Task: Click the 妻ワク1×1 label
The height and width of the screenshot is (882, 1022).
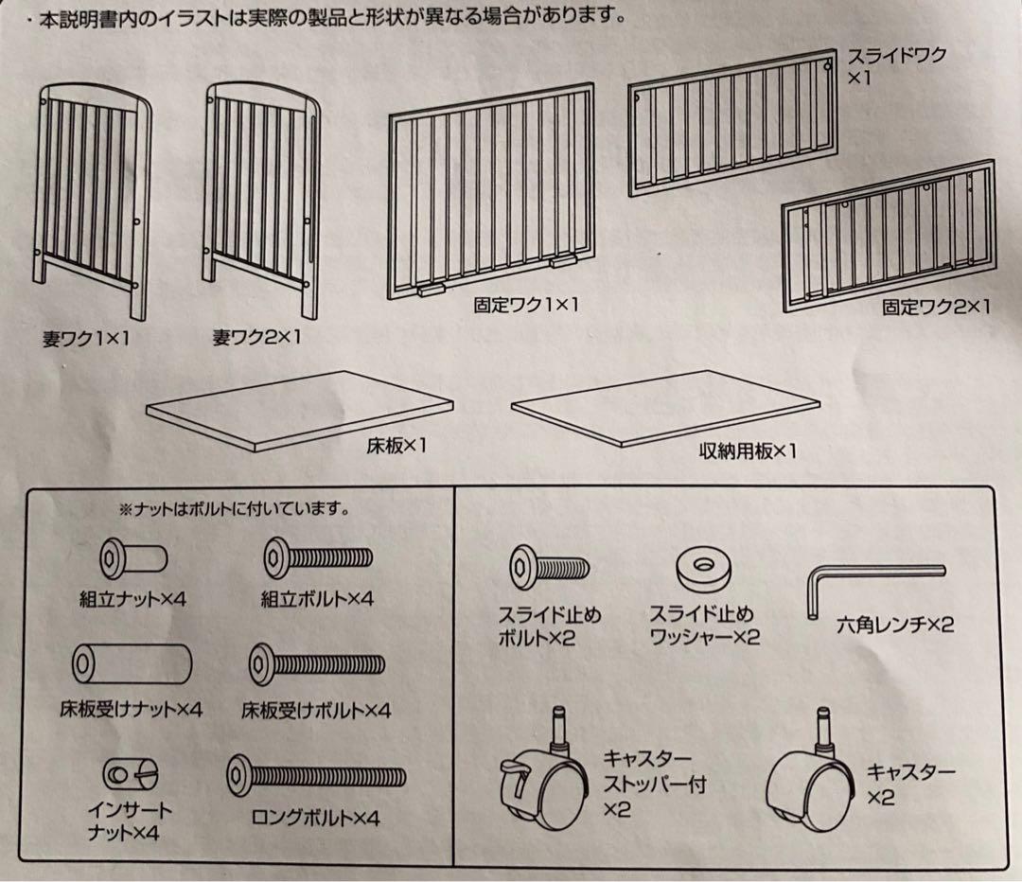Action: click(86, 339)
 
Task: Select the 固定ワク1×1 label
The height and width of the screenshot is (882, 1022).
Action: click(525, 305)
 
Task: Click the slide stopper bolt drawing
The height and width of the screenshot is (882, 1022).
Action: click(549, 568)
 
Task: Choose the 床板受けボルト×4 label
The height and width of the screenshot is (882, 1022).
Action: click(316, 709)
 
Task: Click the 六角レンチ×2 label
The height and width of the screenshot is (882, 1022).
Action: click(894, 625)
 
